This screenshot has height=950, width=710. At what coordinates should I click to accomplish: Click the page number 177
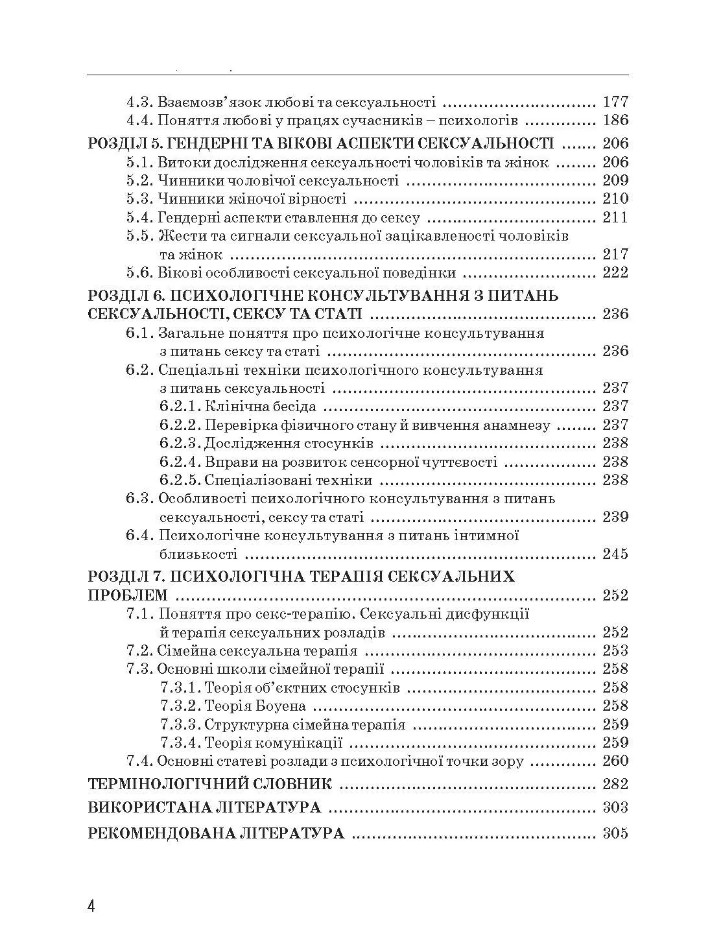615,102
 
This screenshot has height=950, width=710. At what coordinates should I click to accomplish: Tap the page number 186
615,120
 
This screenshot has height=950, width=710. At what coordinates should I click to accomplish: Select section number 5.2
139,180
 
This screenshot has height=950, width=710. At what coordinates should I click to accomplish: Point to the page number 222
615,272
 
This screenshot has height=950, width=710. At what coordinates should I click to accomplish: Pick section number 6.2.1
178,407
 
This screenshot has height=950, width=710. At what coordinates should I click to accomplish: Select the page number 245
615,554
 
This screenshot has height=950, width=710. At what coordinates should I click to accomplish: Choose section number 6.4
139,536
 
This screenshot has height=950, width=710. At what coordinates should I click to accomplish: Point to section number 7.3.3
178,724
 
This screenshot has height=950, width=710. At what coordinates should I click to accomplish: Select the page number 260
615,761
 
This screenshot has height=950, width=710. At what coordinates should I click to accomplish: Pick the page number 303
615,807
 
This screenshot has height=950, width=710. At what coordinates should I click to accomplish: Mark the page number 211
615,217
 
